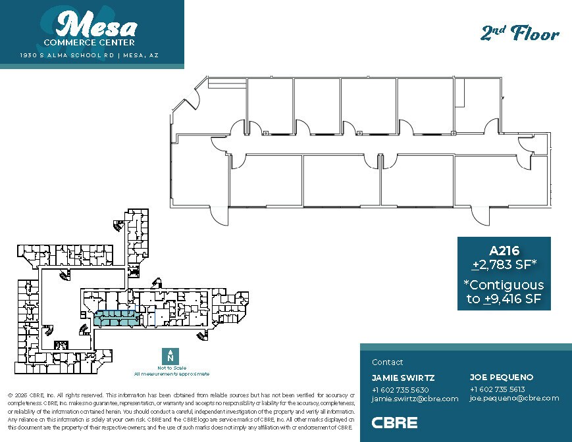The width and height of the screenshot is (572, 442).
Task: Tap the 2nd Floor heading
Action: [x=520, y=34]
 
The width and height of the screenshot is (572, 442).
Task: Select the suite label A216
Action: [x=504, y=251]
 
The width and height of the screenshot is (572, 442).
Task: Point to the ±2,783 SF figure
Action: [x=504, y=265]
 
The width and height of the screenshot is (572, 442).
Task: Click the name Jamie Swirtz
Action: [x=403, y=378]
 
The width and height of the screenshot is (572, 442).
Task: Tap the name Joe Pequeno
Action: [x=502, y=378]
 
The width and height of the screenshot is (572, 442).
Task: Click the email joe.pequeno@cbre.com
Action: [x=514, y=398]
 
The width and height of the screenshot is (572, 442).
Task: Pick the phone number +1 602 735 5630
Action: [x=400, y=389]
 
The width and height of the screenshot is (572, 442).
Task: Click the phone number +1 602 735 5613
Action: [x=497, y=389]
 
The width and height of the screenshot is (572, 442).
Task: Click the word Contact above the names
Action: [x=388, y=362]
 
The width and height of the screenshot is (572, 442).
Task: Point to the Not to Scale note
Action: [x=171, y=368]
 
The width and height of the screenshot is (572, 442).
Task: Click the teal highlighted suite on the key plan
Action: [x=115, y=318]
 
